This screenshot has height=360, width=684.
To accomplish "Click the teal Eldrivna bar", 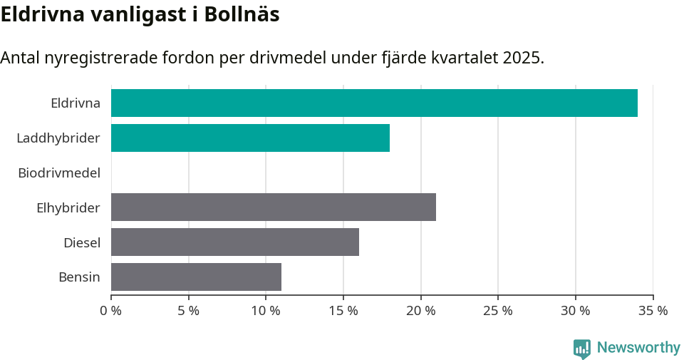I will tap(374, 103).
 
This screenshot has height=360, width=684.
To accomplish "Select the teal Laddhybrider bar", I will tap(250, 138).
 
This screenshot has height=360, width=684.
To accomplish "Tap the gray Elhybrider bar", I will tap(273, 207).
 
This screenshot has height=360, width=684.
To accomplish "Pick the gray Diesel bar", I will tap(234, 242).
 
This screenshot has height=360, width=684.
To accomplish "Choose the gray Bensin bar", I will tap(196, 277).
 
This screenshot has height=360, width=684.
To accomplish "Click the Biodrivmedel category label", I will tap(59, 173).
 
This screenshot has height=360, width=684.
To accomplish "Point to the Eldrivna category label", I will tap(76, 103).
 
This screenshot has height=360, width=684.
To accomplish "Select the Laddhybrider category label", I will tap(58, 138).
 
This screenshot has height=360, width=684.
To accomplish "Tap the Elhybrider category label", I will tap(68, 207).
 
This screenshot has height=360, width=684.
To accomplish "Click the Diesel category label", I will tap(82, 242).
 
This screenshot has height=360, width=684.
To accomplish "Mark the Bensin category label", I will tap(79, 277).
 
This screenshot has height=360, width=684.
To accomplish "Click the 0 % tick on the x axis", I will tap(111, 311).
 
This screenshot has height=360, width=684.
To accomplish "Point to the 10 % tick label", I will tap(266, 311).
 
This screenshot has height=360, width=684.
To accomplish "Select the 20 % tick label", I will tap(421, 311).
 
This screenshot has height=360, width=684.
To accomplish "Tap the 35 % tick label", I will tap(653, 311).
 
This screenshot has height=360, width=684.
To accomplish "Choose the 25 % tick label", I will tap(498, 311).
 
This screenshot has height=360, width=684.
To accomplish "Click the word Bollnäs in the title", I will tap(242, 14).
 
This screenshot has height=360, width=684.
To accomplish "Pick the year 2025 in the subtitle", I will tap(521, 58).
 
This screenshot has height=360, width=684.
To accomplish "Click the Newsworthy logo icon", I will tap(582, 348).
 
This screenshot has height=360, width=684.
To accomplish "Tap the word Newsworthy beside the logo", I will tap(638, 348).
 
